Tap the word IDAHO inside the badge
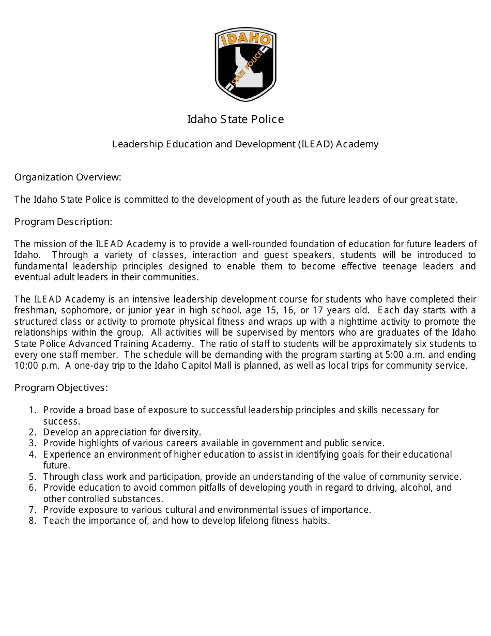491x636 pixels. [245, 40]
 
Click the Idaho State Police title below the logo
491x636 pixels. [235, 119]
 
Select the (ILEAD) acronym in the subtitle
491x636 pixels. [315, 144]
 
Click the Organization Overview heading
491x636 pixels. [68, 177]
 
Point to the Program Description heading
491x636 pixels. [63, 222]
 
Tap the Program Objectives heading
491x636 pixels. [61, 388]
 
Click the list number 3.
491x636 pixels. [33, 444]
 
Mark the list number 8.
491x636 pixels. [33, 521]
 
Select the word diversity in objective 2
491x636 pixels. [182, 432]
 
